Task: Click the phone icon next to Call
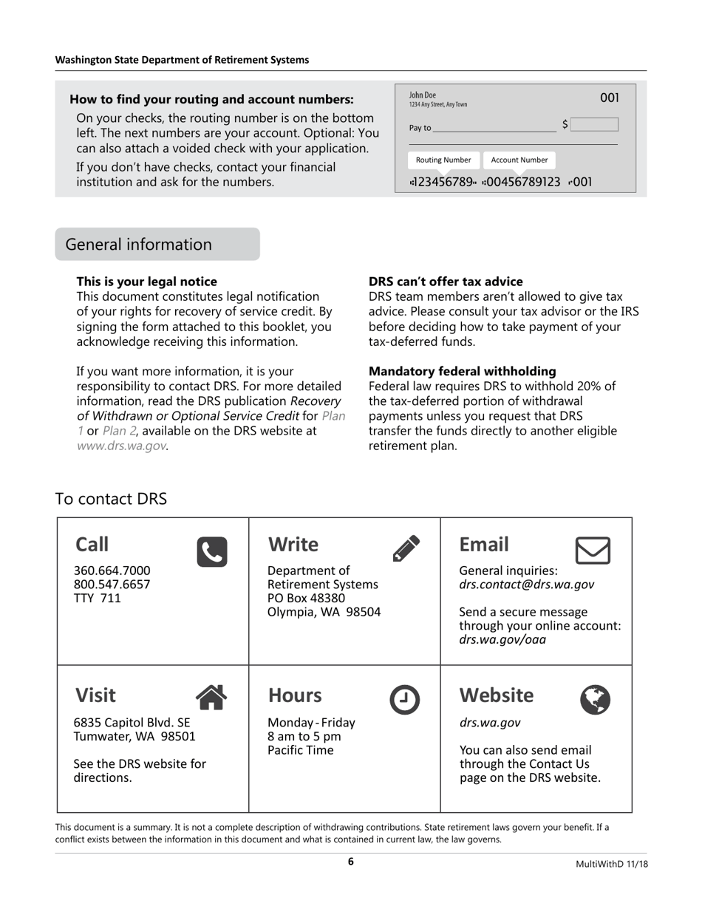click(x=212, y=552)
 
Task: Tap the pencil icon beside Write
click(x=406, y=548)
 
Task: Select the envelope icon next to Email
click(x=593, y=551)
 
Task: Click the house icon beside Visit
click(x=211, y=697)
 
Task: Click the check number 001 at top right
click(x=609, y=98)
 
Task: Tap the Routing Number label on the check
click(x=443, y=160)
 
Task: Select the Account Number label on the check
click(x=519, y=160)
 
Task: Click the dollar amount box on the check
click(x=594, y=124)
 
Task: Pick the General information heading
click(x=139, y=245)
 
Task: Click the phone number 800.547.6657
click(x=112, y=584)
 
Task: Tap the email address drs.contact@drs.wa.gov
click(x=526, y=585)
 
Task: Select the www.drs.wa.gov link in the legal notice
click(x=121, y=446)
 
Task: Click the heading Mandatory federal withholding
click(x=462, y=371)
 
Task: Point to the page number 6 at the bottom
click(x=351, y=862)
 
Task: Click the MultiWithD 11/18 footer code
click(x=612, y=864)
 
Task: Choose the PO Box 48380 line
click(x=306, y=598)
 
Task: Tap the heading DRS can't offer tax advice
click(x=446, y=282)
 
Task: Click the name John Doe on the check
click(x=423, y=95)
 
